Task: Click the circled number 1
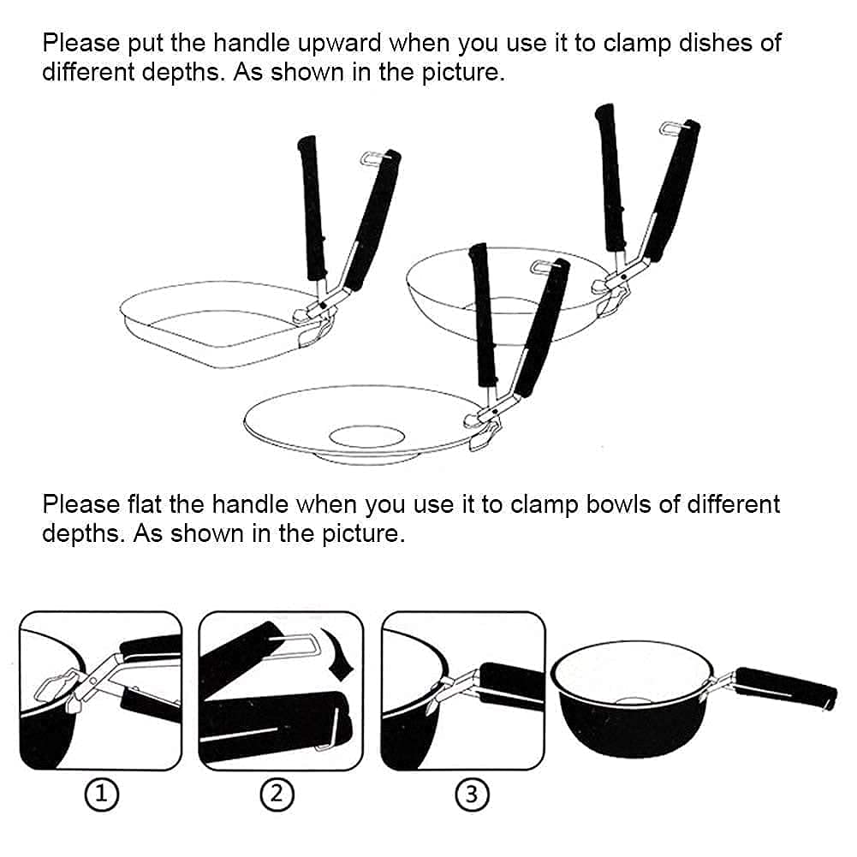pyautogui.click(x=102, y=795)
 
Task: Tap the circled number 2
pyautogui.click(x=277, y=795)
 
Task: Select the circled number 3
pyautogui.click(x=473, y=795)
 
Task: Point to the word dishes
pyautogui.click(x=716, y=43)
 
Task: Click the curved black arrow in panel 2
pyautogui.click(x=339, y=653)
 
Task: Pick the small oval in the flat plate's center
pyautogui.click(x=366, y=437)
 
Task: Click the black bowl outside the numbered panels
pyautogui.click(x=633, y=699)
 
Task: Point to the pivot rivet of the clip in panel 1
pyautogui.click(x=92, y=681)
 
